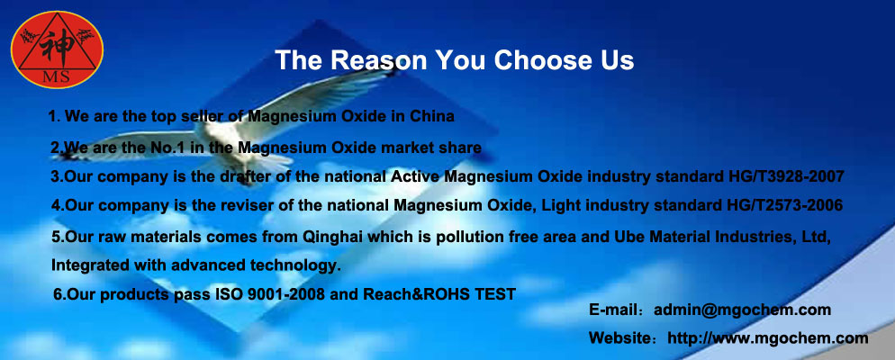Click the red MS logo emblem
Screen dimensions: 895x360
coord(57,49)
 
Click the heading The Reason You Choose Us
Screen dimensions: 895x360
coord(455,60)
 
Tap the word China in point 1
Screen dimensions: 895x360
coord(432,116)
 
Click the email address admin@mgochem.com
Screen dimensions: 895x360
coord(742,310)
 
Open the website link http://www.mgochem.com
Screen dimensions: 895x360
coord(768,337)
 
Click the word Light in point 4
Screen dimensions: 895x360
coord(558,206)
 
